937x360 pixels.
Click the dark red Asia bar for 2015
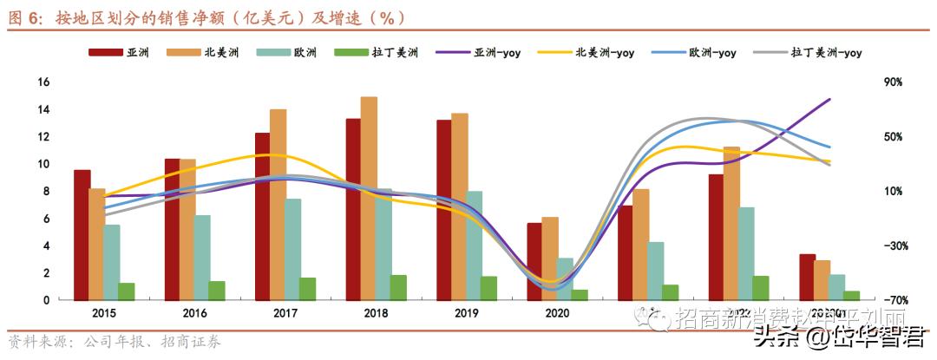pyautogui.click(x=82, y=235)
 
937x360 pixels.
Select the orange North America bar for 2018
pyautogui.click(x=369, y=199)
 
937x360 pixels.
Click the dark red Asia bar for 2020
pyautogui.click(x=534, y=261)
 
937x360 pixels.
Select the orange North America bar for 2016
pyautogui.click(x=187, y=230)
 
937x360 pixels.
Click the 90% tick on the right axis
pyautogui.click(x=893, y=82)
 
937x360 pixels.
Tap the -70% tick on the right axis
pyautogui.click(x=894, y=300)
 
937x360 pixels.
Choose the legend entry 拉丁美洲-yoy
pyautogui.click(x=826, y=53)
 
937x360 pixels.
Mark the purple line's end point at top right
pyautogui.click(x=830, y=99)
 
